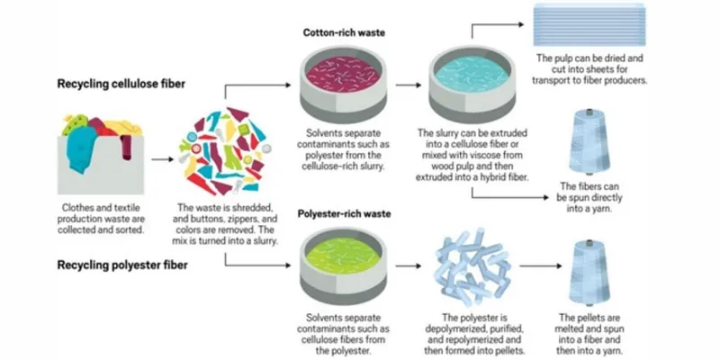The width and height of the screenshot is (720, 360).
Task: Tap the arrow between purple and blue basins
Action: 409,87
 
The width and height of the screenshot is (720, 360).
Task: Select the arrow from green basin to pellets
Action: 409,266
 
